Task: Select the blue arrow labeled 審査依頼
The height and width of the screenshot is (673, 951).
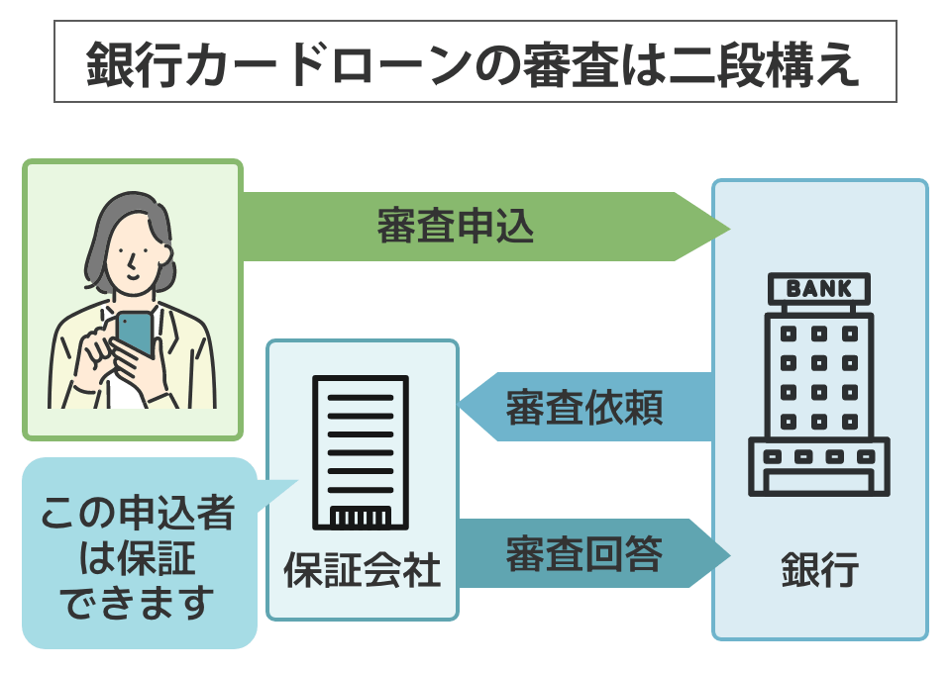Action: [x=584, y=407]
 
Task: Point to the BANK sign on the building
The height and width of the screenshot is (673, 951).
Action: [x=818, y=289]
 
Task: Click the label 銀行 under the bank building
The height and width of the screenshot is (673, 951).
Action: [x=818, y=572]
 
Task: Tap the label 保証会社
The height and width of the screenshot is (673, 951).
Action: [x=362, y=572]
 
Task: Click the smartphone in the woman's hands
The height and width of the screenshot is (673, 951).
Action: [x=135, y=334]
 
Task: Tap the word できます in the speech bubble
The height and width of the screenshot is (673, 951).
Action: [x=139, y=602]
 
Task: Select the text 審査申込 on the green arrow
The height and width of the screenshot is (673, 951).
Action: [x=456, y=228]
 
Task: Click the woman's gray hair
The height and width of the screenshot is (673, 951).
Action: [x=99, y=238]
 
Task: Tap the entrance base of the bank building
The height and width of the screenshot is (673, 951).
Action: [x=818, y=469]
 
